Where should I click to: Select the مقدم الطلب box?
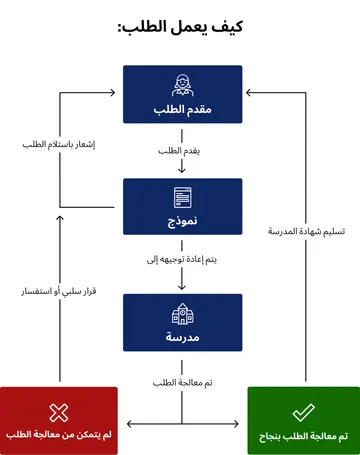[x=181, y=94]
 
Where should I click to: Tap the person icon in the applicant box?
[x=181, y=84]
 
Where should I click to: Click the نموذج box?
[x=181, y=207]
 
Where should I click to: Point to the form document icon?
[x=181, y=196]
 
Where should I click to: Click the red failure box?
[x=58, y=421]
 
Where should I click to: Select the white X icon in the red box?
[x=58, y=412]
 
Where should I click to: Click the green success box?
[x=303, y=421]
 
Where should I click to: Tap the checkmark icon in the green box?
[x=303, y=412]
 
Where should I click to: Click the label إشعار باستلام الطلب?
[x=58, y=145]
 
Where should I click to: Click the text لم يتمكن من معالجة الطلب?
[x=58, y=436]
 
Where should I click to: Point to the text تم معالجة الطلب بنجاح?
[x=303, y=436]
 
